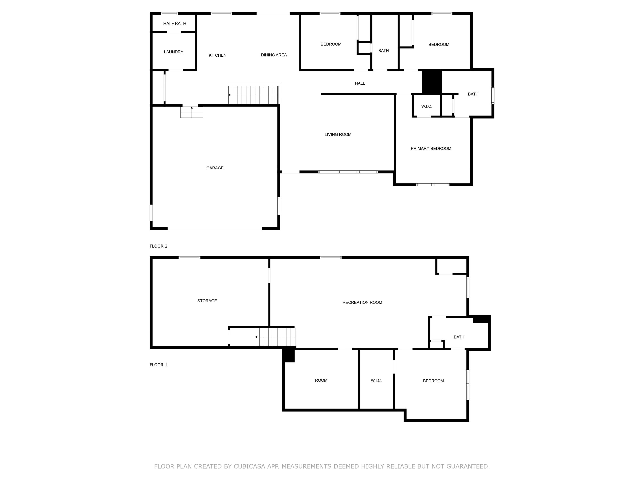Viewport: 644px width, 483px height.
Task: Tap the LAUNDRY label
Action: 173,52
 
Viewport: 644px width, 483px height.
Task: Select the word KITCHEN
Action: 217,55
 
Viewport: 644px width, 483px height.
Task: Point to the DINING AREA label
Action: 274,55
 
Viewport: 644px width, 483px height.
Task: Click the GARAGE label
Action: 215,168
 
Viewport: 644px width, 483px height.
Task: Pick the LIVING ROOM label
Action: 338,135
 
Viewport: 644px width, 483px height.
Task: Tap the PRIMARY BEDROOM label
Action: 431,149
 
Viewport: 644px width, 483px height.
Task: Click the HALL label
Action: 360,83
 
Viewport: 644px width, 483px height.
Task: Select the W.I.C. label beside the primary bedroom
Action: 427,106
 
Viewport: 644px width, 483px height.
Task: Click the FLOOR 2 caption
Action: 158,246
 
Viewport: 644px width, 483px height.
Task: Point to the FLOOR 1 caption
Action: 158,365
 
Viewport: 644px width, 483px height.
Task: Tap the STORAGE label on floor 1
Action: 207,301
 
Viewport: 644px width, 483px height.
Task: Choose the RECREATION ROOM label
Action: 362,302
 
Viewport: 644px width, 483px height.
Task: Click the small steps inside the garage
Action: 191,112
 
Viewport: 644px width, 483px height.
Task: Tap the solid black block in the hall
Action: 432,82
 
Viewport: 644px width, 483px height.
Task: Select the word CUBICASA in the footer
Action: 249,466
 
